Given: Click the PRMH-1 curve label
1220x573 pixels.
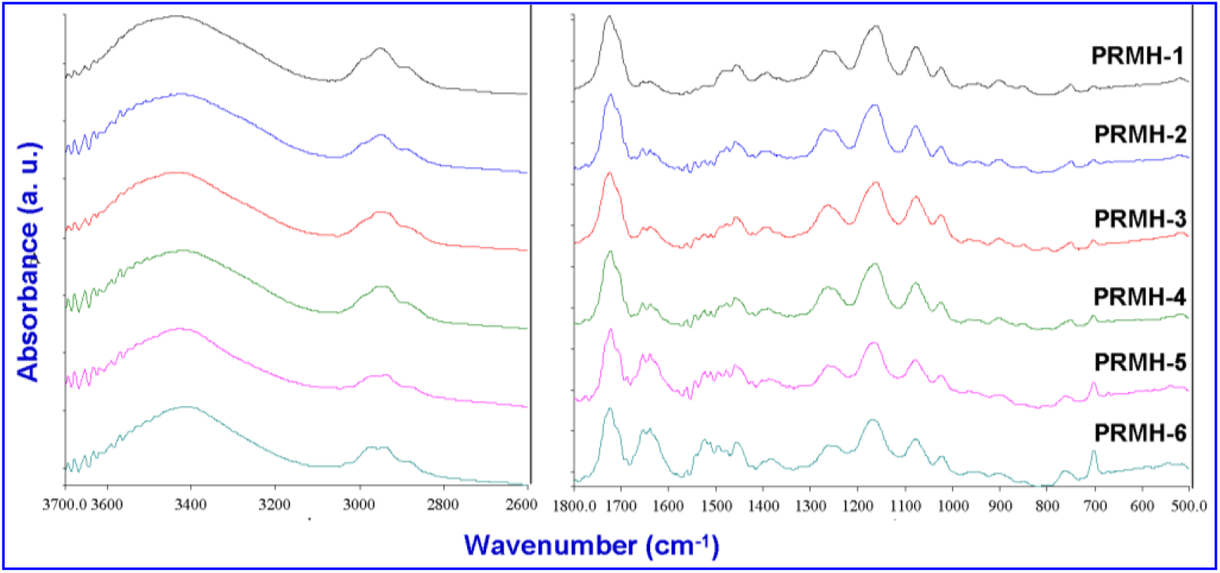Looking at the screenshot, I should [1138, 56].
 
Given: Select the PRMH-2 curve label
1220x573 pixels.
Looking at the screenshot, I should [1138, 133].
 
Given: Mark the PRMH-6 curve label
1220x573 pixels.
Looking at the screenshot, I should [1138, 433].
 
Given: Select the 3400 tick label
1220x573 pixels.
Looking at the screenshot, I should [190, 502].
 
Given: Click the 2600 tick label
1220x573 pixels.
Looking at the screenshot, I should [515, 502].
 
